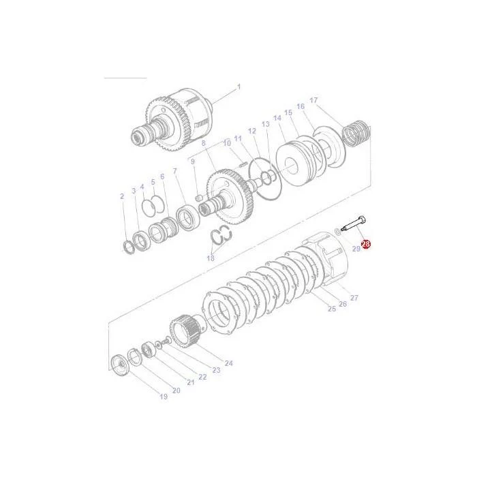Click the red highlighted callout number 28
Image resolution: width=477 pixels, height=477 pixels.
[366, 244]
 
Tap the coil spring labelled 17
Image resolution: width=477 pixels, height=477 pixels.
[356, 134]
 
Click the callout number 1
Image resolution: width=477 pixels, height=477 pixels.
[238, 87]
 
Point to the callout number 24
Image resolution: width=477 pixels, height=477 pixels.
[229, 363]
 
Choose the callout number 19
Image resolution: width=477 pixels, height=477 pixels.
[164, 397]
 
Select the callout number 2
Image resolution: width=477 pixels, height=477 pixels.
[122, 196]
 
